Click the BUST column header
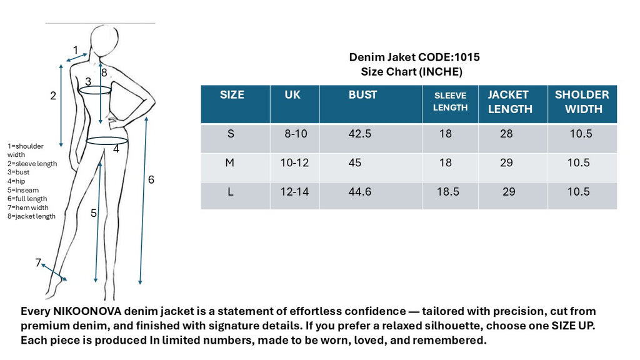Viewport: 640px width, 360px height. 362,95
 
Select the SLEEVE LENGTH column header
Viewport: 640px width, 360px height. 450,102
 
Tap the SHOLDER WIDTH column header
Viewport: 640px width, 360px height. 582,102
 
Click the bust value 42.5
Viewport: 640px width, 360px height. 359,134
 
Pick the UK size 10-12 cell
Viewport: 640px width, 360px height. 294,163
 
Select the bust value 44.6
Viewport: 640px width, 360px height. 359,192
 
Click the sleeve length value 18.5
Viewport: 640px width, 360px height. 447,192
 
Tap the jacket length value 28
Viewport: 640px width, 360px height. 506,134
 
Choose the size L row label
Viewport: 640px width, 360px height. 231,192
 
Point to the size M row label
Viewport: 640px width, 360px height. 230,163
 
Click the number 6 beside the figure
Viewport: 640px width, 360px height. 151,180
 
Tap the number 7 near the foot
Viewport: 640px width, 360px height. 38,262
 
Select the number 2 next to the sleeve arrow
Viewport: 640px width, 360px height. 53,96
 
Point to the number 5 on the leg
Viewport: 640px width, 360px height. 93,213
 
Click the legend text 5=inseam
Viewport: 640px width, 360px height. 23,190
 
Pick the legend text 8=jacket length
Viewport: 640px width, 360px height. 32,216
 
